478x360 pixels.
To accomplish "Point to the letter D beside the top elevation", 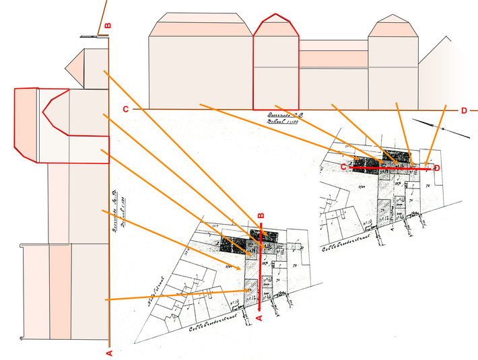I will coord(464,110).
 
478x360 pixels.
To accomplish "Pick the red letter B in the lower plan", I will coord(261,216).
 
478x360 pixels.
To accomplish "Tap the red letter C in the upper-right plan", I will coord(343,166).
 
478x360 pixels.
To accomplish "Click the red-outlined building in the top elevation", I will coord(275,67).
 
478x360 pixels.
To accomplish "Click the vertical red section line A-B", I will coord(261,269).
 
